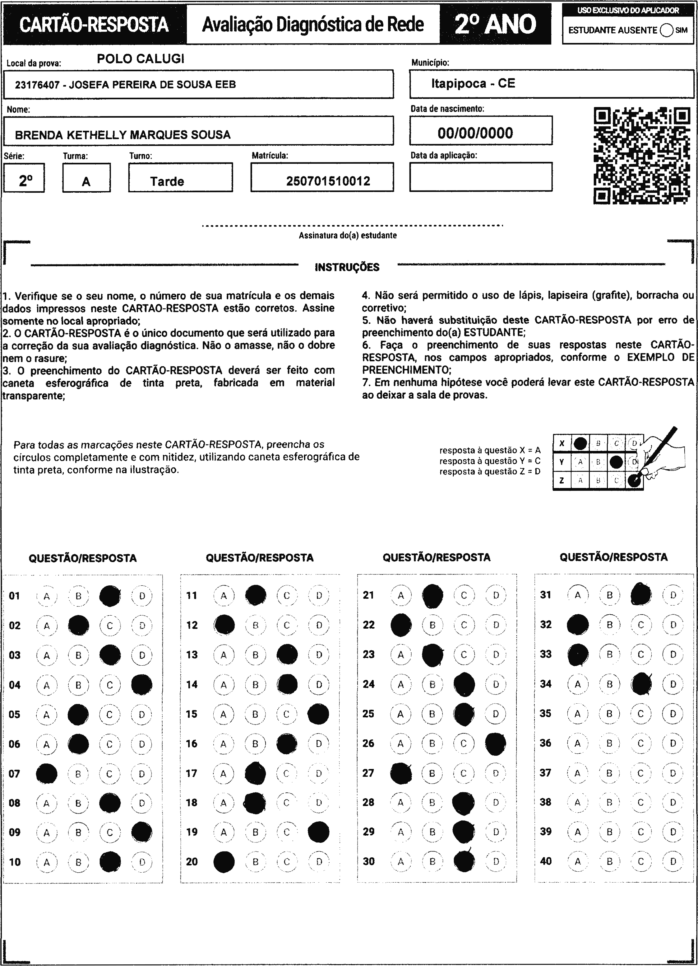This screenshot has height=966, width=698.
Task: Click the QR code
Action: (641, 156)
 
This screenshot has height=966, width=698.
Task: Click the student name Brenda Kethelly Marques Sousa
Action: (122, 135)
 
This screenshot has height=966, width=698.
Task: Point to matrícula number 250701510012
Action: (328, 181)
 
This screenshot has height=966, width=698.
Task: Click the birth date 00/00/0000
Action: (475, 133)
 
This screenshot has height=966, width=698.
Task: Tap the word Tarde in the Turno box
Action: (167, 181)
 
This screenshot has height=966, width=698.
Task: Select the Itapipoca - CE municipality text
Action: (473, 83)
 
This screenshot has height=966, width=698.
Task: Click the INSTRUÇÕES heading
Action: (347, 267)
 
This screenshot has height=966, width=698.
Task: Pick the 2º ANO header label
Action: (495, 25)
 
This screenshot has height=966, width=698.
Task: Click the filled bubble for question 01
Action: (110, 596)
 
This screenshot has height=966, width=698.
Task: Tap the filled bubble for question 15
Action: (318, 714)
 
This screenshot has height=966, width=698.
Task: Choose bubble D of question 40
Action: (673, 861)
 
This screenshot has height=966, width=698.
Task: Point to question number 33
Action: (546, 654)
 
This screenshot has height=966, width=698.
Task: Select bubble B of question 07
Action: (78, 773)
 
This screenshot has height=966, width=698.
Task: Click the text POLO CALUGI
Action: (141, 59)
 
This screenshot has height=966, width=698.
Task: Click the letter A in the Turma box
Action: (86, 182)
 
